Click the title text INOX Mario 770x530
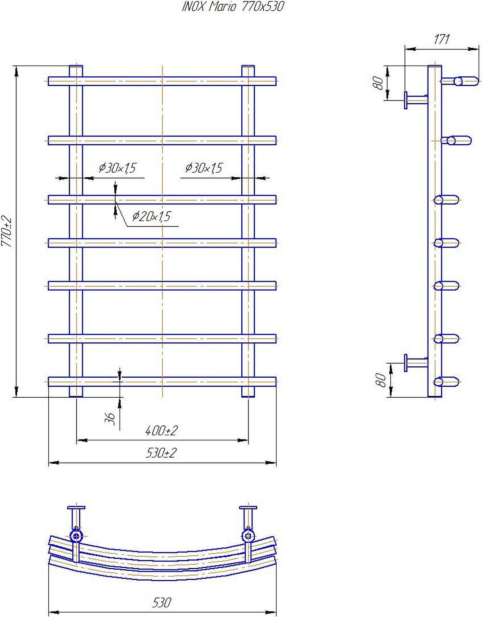(x=233, y=7)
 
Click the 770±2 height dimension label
(x=7, y=232)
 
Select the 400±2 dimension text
(x=161, y=431)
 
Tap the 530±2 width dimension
(x=161, y=453)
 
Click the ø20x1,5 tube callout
(x=151, y=216)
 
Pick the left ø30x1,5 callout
(x=117, y=168)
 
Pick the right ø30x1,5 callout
(x=204, y=168)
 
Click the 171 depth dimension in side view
(x=442, y=39)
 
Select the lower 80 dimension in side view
(x=381, y=380)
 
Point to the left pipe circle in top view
(x=76, y=536)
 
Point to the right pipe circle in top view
(x=248, y=536)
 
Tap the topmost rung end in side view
(x=459, y=81)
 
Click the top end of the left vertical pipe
(x=76, y=65)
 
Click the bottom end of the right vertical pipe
(x=248, y=397)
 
